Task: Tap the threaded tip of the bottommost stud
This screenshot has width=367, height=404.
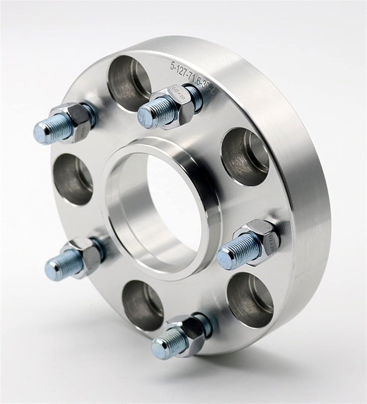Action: tap(158, 349)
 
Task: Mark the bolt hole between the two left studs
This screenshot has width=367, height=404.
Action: tap(73, 179)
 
